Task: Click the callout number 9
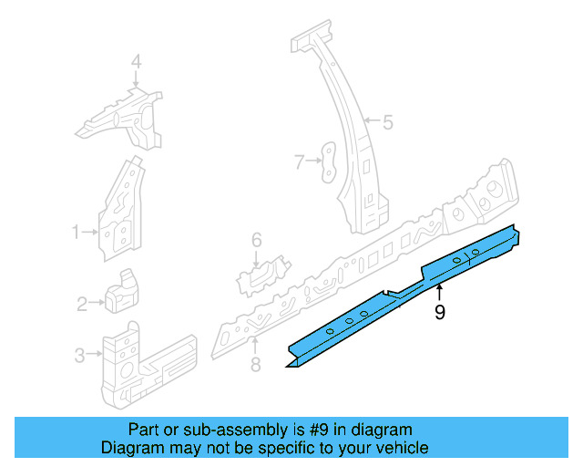440,313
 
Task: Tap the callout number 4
136,62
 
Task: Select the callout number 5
387,121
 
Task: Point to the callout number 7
298,162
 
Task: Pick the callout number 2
82,304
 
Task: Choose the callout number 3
80,355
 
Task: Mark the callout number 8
255,365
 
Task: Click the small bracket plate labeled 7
327,161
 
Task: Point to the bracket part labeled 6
264,273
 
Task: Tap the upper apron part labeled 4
123,119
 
